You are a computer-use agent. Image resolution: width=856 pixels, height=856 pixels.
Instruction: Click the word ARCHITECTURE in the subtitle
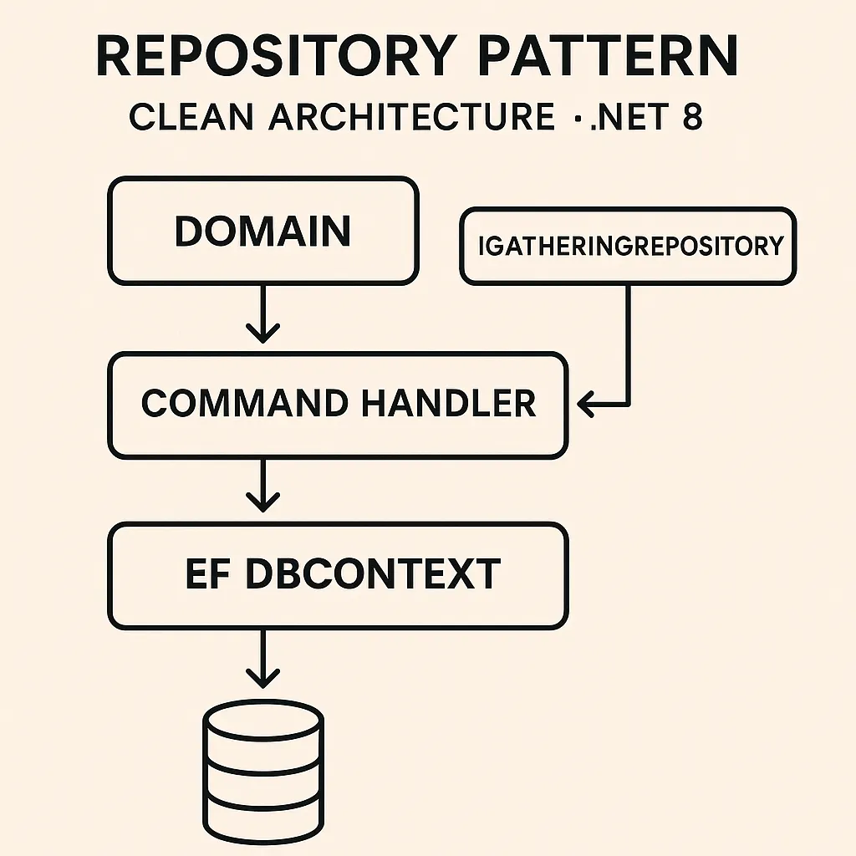point(411,117)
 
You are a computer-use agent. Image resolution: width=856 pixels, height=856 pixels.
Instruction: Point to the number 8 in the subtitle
point(692,117)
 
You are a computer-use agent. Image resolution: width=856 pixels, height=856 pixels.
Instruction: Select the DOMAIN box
point(262,231)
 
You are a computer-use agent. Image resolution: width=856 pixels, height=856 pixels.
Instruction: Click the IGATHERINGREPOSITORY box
point(628,246)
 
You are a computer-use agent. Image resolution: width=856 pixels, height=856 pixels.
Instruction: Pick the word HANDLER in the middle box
point(449,405)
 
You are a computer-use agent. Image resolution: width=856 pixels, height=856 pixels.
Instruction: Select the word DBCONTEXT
point(372,575)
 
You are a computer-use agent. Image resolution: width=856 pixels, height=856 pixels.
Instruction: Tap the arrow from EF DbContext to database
point(263,660)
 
